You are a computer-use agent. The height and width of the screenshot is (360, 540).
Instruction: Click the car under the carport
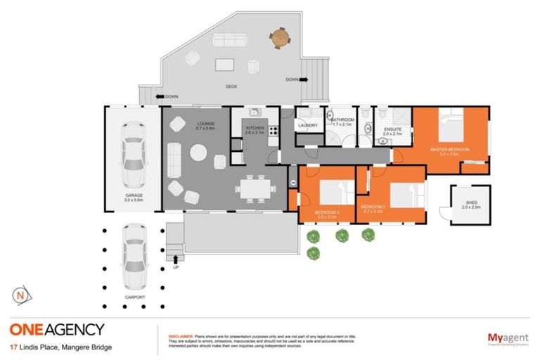click(x=133, y=257)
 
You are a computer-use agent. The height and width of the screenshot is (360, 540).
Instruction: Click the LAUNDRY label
click(x=308, y=126)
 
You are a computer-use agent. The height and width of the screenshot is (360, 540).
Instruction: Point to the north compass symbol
click(x=23, y=295)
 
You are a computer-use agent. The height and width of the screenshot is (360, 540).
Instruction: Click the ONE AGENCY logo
click(x=57, y=329)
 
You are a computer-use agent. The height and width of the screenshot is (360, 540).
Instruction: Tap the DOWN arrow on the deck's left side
click(x=160, y=96)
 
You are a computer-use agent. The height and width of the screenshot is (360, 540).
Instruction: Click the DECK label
click(x=231, y=86)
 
